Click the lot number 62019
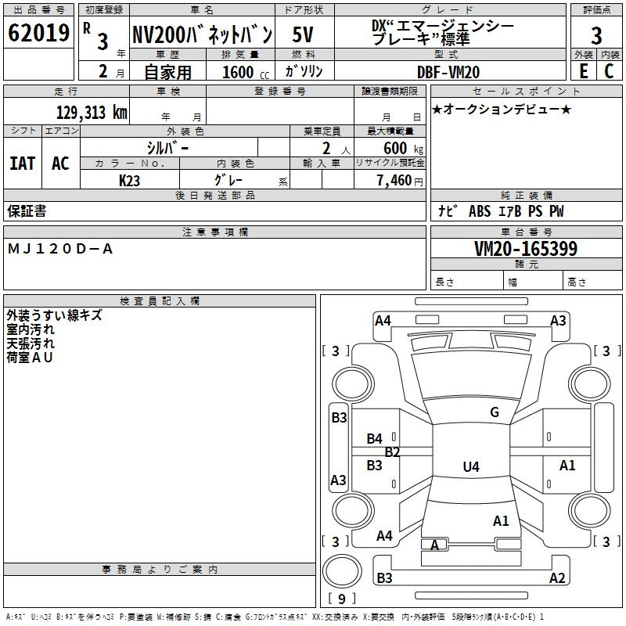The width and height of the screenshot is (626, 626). [38, 34]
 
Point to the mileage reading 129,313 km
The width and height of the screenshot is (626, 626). [92, 112]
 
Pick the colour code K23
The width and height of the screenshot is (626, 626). [130, 180]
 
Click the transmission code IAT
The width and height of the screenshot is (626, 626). [22, 163]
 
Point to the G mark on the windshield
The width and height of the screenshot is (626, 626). [494, 412]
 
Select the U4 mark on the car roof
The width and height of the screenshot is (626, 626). [470, 467]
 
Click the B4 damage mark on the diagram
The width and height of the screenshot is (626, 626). [375, 439]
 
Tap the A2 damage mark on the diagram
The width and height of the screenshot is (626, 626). [557, 578]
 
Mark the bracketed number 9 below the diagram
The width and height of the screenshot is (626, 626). [340, 599]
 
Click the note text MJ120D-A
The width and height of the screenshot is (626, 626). [61, 248]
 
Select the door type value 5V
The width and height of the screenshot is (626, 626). [304, 34]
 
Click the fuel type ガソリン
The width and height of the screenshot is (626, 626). [304, 71]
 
